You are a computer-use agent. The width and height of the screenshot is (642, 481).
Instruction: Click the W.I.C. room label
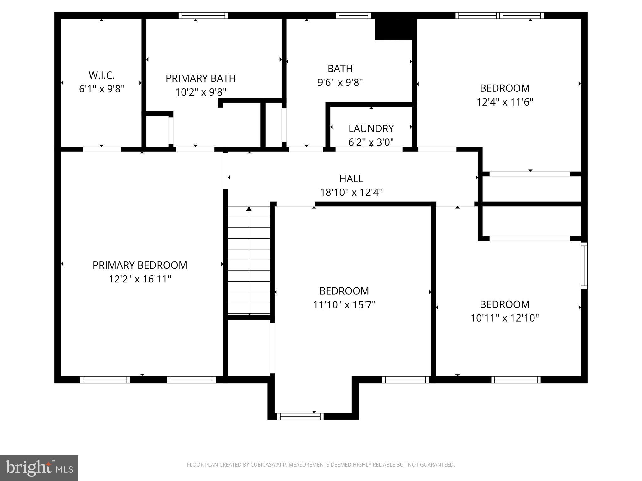pos(102,75)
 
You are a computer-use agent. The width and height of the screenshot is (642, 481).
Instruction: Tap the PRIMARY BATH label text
pos(201,78)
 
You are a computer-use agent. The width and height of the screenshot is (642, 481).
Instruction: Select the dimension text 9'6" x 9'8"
pos(340,82)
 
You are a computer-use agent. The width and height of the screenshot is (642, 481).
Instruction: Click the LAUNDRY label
pos(371,128)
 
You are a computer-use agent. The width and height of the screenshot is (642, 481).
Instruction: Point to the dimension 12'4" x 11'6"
pos(505,102)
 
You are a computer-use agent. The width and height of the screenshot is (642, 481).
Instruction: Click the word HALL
pos(351,178)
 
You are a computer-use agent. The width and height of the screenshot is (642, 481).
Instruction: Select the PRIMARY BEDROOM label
pos(140,265)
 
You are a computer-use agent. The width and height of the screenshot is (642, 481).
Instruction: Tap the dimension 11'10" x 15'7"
pos(344,305)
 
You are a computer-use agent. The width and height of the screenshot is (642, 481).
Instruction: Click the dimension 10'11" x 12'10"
pos(505,318)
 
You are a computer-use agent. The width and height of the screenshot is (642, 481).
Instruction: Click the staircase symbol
pos(249,260)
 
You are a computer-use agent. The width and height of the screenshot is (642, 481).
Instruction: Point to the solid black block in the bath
pos(393,29)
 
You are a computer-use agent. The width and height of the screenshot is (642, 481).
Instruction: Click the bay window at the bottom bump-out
pos(300,416)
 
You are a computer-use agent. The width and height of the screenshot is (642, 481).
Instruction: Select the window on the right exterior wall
pos(584,265)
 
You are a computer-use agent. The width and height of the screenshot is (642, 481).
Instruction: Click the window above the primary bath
pos(203,15)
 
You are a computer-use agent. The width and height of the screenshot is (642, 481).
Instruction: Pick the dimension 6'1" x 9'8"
pos(102,89)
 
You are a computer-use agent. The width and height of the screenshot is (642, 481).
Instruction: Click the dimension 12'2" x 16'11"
pos(140,279)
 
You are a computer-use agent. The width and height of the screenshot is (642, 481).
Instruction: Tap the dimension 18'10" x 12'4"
pos(351,192)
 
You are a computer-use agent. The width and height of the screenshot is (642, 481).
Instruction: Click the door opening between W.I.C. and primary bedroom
pos(102,149)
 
